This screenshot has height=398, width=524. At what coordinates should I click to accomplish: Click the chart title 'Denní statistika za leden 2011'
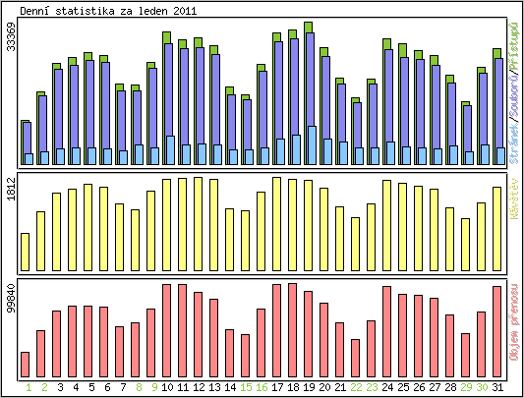click(100, 10)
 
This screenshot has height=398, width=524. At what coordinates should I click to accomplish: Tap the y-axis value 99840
click(11, 298)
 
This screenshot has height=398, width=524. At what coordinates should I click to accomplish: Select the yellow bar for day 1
click(26, 252)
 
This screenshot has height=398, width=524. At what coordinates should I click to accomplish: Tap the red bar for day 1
click(26, 364)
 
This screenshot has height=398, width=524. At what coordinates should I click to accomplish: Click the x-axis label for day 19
click(309, 387)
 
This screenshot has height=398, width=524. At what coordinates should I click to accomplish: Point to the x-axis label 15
click(246, 387)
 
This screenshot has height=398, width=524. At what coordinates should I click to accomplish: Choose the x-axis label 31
click(497, 387)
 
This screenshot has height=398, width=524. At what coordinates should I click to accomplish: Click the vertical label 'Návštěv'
click(515, 197)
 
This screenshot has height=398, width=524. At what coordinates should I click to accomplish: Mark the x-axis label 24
click(387, 387)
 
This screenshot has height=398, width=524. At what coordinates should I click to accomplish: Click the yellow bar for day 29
click(466, 245)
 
